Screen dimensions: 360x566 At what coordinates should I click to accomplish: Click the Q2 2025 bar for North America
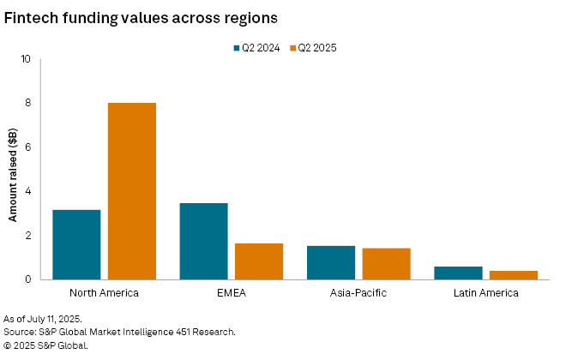point(131,191)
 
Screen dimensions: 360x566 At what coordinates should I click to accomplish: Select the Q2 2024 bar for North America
point(76,244)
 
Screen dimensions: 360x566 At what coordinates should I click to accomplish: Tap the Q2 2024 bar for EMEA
point(203,241)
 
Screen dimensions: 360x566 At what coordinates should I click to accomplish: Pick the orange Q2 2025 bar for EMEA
point(259,261)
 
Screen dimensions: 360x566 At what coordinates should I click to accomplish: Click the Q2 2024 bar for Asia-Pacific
point(330,262)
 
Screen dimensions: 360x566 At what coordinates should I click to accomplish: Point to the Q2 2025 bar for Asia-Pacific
point(386,263)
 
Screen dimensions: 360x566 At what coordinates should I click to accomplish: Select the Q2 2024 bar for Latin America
point(458,273)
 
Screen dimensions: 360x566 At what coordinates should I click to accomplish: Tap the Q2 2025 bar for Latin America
point(513,275)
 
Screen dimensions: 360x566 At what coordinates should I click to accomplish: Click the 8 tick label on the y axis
point(27,104)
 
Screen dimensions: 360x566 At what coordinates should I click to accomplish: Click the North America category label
point(104,293)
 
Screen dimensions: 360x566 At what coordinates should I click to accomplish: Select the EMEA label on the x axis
point(232,293)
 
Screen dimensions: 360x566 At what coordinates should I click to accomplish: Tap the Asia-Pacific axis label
point(358,293)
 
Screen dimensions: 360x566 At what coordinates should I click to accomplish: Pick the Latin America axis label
point(485,293)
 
